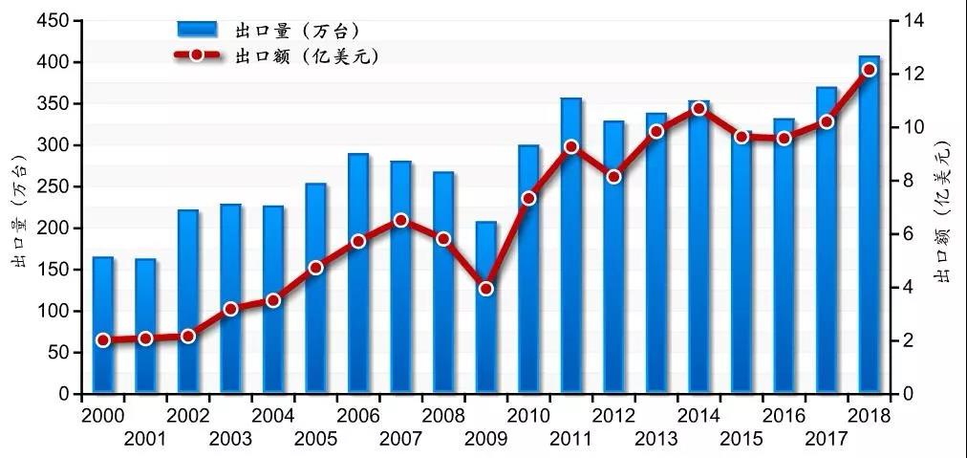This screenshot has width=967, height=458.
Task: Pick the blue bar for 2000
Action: click(x=102, y=325)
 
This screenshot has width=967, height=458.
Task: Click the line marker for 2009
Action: click(x=485, y=288)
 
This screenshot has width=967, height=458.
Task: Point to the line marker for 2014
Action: click(x=698, y=109)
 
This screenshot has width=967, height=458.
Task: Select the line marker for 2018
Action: click(x=869, y=70)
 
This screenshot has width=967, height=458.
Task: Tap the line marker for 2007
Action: click(x=400, y=220)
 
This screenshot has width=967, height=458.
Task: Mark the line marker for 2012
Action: click(x=613, y=176)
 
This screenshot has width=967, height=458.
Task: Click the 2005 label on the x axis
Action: click(x=315, y=440)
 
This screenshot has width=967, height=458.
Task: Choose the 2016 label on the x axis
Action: click(x=784, y=417)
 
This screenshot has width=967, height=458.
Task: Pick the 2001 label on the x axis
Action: click(x=144, y=440)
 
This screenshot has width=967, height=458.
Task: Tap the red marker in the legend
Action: click(x=197, y=55)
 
